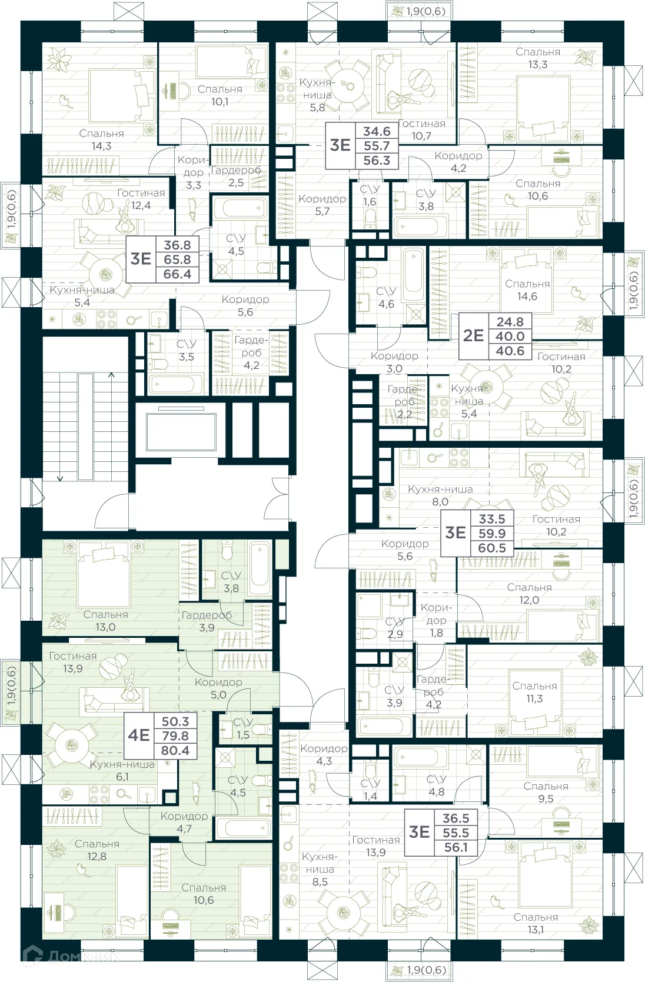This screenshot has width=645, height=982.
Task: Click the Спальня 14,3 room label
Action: point(101,140)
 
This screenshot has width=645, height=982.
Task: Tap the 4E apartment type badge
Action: point(139,735)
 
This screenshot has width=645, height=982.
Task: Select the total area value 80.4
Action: point(175,751)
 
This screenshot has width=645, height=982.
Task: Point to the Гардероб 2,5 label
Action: point(235,177)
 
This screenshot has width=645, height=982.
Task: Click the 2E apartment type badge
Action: point(473,336)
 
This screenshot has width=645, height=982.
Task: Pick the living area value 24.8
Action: point(510,322)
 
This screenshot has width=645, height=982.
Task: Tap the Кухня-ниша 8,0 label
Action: point(440,495)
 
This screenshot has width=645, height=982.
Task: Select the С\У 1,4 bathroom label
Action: point(370,790)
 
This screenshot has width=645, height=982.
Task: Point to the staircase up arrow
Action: point(111,374)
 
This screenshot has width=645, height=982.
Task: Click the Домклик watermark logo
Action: point(71,956)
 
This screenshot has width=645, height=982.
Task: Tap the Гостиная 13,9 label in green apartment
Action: point(72,662)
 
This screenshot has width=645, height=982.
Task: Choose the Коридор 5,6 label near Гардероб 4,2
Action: point(245,305)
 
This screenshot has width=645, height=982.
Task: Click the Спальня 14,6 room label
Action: point(527,290)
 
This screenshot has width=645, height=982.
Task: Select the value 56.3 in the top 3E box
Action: point(377,161)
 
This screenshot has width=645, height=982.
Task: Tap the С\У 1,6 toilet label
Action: point(369,195)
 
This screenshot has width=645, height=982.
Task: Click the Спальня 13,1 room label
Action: point(535,923)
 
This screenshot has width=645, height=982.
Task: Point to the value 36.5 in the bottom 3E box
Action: point(456,818)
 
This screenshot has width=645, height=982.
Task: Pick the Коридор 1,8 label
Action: point(436,620)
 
